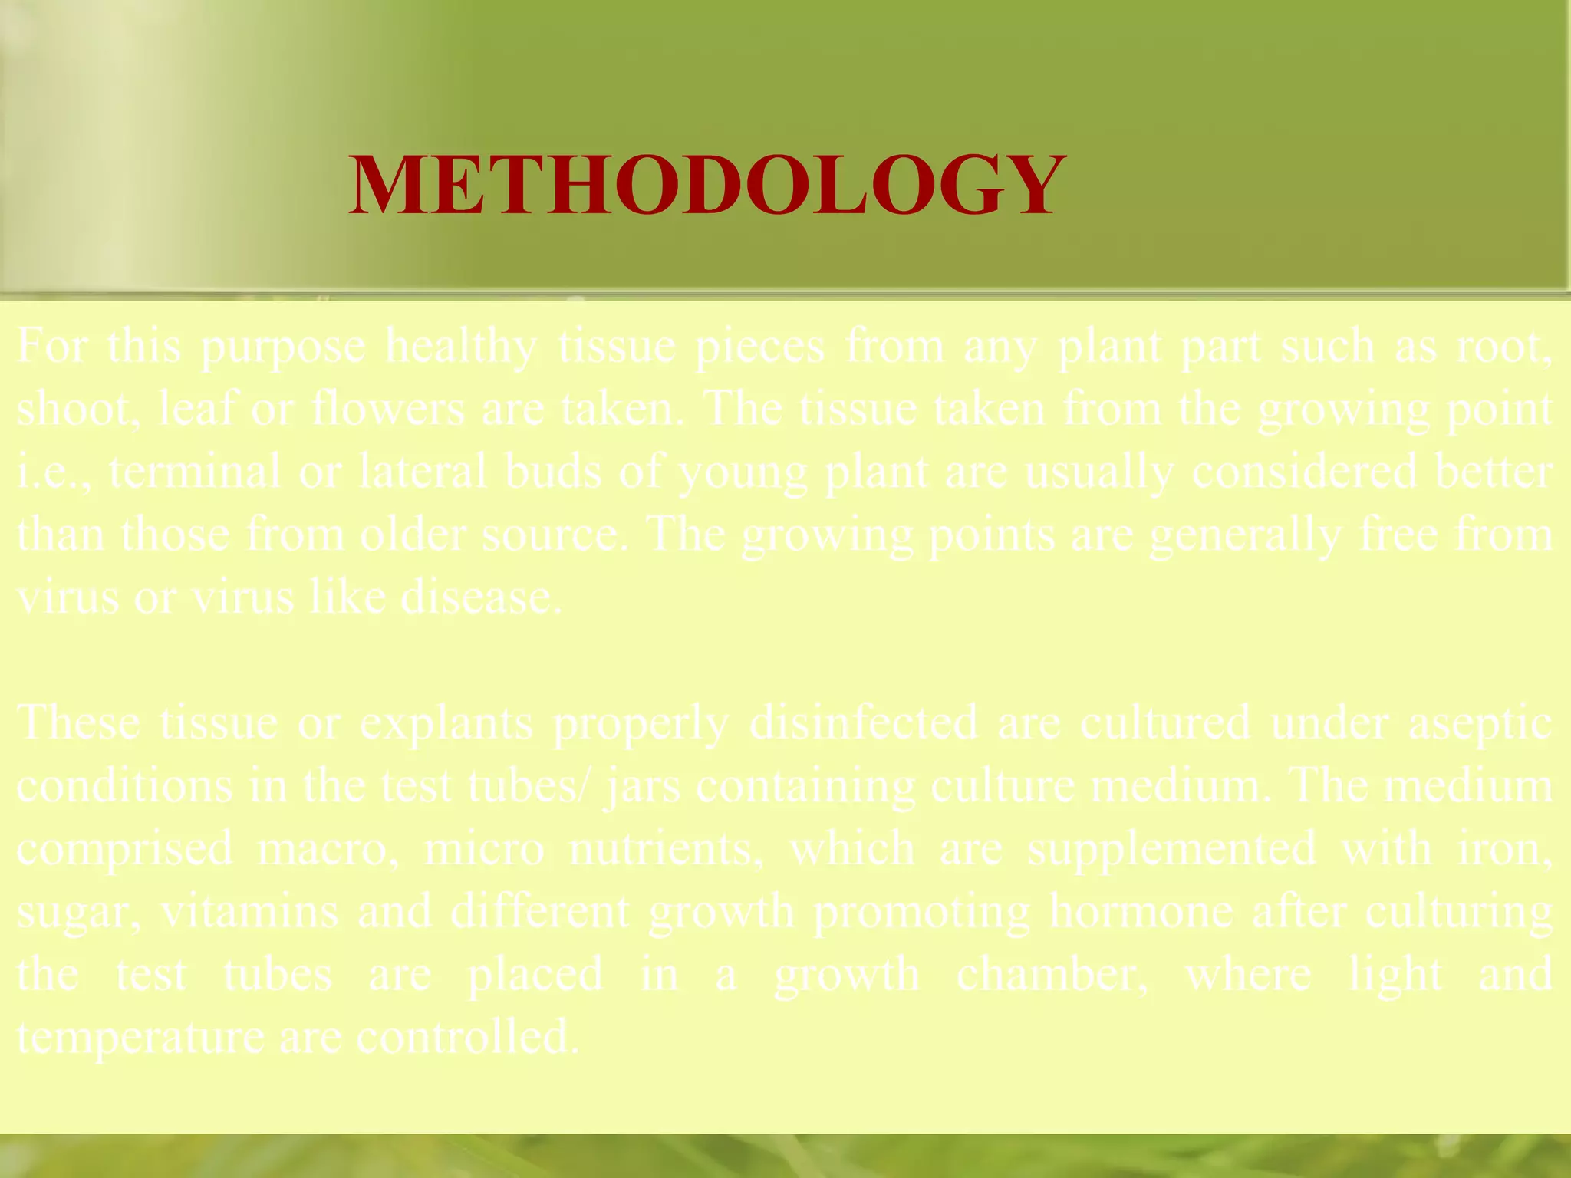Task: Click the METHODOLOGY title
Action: [x=706, y=185]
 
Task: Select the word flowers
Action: [x=388, y=409]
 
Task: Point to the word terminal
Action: [x=195, y=472]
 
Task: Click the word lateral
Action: [x=423, y=472]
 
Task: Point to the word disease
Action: [x=481, y=597]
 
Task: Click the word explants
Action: [x=446, y=723]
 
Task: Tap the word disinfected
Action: [x=864, y=723]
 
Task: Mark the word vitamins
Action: [x=249, y=912]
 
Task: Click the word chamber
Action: [x=1052, y=975]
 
